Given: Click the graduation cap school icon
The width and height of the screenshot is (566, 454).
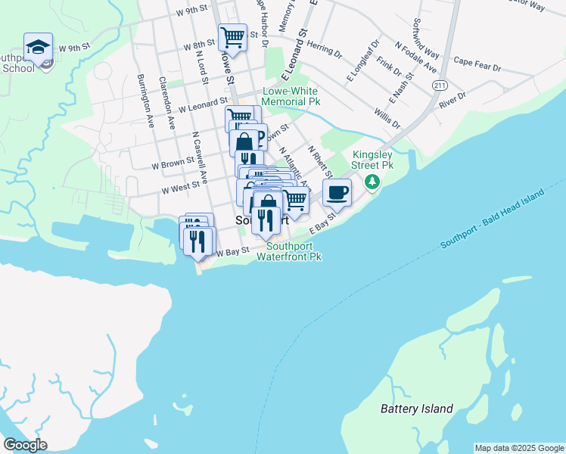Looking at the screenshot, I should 38,47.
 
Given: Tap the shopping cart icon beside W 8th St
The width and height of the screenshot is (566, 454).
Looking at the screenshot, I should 233,36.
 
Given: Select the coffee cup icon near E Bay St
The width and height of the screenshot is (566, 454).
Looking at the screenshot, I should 337,191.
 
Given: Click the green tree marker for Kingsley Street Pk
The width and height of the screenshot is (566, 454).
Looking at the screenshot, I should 372,182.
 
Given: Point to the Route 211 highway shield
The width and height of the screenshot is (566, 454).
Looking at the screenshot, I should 440,86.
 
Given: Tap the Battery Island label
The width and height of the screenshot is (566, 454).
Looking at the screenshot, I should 416,409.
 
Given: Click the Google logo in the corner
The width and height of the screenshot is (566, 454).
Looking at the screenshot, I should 25,445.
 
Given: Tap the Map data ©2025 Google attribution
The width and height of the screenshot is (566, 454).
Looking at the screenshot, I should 519,448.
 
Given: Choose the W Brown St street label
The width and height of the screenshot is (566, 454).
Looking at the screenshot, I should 173,163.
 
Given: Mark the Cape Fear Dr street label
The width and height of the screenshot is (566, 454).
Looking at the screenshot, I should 477,64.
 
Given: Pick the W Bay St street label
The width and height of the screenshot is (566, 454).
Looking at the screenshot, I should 234,251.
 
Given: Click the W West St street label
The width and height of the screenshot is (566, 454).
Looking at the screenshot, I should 180,185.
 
